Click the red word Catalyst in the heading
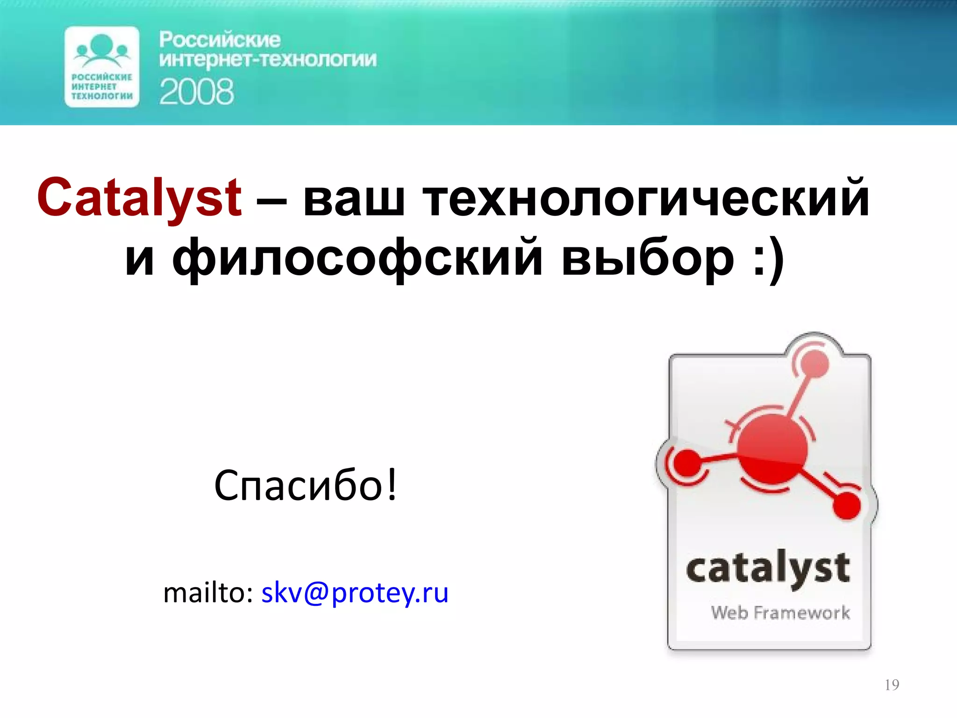139,198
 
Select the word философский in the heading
357,257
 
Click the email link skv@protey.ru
355,593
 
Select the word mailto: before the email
208,593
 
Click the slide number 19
892,685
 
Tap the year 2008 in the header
196,92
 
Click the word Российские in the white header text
220,40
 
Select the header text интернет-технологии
267,60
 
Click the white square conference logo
102,66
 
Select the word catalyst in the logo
768,570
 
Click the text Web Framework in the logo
780,612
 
